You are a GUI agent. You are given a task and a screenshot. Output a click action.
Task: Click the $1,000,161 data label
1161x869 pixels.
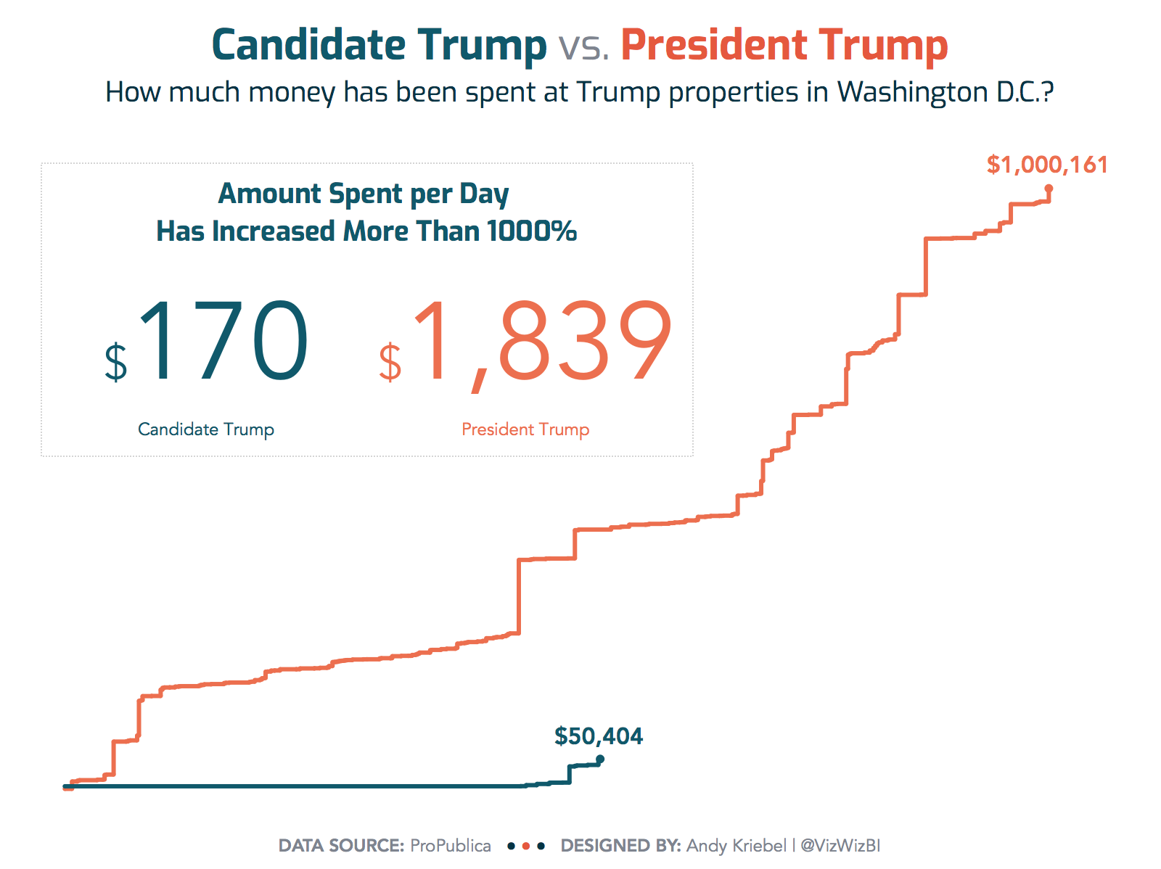1047,165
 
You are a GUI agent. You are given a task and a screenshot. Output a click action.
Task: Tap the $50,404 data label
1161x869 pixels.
599,736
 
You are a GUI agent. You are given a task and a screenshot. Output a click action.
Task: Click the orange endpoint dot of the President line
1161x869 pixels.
1049,189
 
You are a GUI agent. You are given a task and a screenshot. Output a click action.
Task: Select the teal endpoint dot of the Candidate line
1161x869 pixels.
600,759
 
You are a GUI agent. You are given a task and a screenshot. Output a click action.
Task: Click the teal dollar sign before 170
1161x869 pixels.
116,362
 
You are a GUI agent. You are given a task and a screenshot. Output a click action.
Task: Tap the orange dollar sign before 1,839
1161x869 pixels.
390,362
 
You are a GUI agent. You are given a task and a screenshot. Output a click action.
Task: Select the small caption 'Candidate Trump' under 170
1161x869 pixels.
206,429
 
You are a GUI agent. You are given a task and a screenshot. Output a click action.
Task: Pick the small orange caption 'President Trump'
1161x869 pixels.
525,429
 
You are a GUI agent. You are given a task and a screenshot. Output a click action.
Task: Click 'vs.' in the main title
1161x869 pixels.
583,46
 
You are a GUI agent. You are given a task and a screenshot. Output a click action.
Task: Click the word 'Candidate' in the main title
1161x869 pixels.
308,45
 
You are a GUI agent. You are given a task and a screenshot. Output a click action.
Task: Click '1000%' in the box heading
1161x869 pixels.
532,231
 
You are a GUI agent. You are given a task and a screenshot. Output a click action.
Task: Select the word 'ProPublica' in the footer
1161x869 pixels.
451,846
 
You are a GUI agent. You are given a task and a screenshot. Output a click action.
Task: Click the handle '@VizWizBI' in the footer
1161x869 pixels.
840,846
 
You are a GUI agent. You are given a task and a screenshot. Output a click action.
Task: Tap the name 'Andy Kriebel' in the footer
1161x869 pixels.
737,846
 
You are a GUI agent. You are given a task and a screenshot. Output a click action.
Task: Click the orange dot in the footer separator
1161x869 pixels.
526,847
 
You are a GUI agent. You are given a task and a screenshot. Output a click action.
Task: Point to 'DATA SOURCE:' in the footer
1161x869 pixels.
341,846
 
